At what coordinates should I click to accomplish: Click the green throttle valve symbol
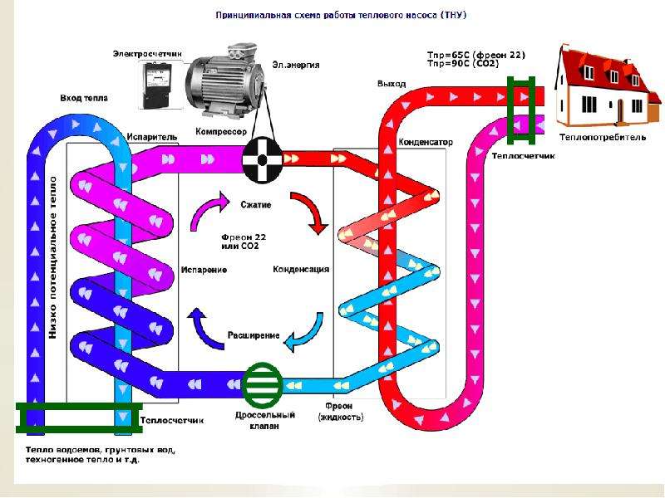tap(264, 385)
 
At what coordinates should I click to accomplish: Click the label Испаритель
tap(150, 136)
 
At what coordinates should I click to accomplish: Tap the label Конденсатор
tap(426, 142)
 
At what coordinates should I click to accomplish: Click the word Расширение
tap(253, 335)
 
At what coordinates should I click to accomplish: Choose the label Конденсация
tap(301, 269)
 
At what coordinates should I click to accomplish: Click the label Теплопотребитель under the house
tap(603, 138)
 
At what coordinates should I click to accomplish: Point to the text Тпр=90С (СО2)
tap(475, 63)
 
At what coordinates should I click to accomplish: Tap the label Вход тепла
tap(83, 98)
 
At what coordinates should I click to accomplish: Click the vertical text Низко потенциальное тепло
tap(52, 257)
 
